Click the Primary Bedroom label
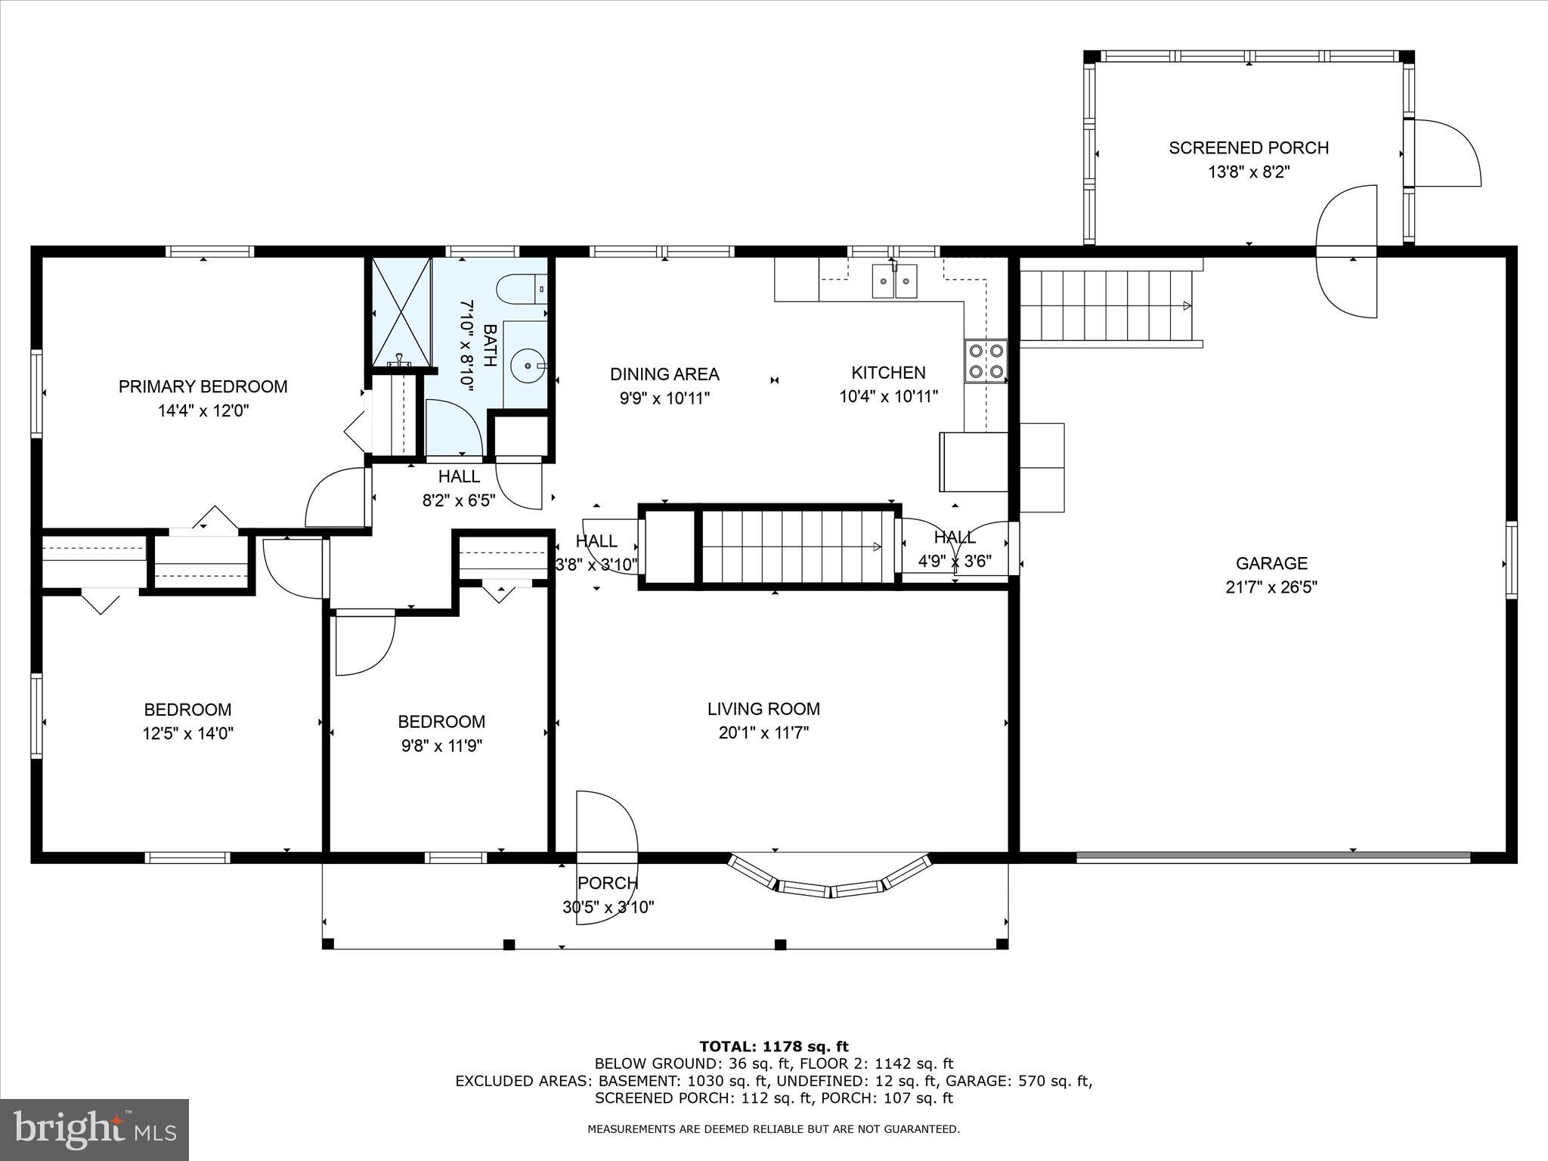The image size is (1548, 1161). [x=203, y=386]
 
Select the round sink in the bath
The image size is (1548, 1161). [x=525, y=366]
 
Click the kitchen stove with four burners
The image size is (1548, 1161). [x=986, y=361]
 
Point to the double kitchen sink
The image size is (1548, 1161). [x=894, y=281]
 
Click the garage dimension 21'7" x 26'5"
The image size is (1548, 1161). [x=1271, y=587]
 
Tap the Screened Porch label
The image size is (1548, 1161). [x=1248, y=147]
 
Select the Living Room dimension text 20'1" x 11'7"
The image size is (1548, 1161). [x=763, y=732]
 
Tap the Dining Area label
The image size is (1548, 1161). [x=664, y=373]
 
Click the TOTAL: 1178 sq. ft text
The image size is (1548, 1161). [x=773, y=1047]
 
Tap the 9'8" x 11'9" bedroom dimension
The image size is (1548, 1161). [x=441, y=746]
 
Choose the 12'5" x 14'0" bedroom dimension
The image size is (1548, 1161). [x=187, y=733]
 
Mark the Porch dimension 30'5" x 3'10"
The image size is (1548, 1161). [x=608, y=907]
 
